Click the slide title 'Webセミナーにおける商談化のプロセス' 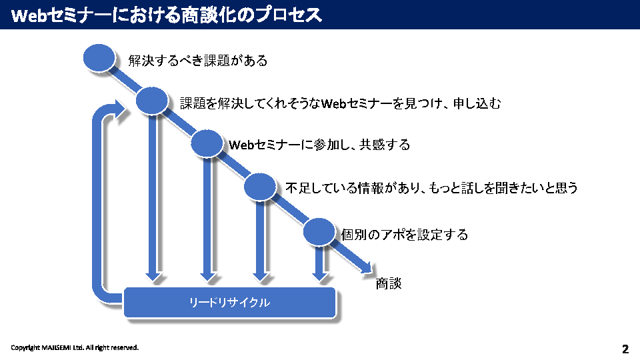(x=167, y=15)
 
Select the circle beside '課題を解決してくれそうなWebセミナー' (x=152, y=101)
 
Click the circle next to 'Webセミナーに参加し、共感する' (x=207, y=143)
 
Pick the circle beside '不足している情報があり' (x=260, y=186)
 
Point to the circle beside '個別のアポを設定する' (x=319, y=231)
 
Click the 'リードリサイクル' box (x=229, y=303)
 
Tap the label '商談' (x=389, y=283)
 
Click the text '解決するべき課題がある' (x=198, y=61)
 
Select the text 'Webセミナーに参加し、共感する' (x=319, y=145)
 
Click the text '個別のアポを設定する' (x=405, y=235)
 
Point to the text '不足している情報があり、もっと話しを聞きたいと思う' (x=431, y=188)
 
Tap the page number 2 (x=625, y=349)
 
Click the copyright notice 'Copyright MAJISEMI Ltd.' (x=75, y=347)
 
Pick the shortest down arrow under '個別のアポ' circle (x=321, y=263)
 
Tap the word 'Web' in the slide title (x=29, y=15)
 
